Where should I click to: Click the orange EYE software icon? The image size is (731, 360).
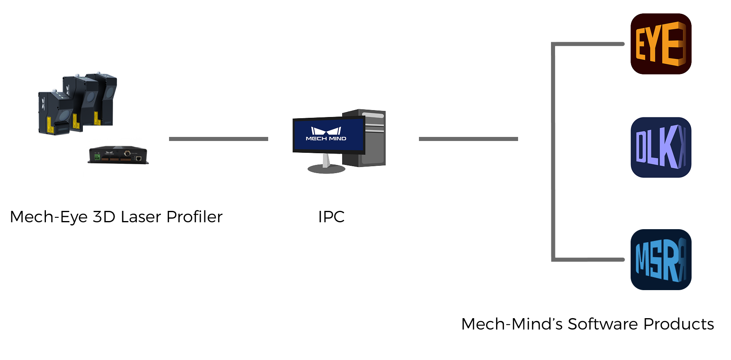tap(661, 44)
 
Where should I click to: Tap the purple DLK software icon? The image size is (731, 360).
tap(661, 147)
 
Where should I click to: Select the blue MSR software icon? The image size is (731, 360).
tap(661, 260)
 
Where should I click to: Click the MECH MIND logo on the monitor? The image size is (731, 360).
tap(326, 134)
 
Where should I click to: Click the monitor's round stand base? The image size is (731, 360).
tap(326, 169)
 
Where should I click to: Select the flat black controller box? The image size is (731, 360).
tap(118, 155)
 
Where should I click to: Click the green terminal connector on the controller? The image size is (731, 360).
tap(97, 157)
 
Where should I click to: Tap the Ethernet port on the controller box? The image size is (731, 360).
tap(139, 158)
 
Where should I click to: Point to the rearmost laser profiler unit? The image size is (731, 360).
tap(106, 98)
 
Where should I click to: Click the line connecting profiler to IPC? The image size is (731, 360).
tap(218, 139)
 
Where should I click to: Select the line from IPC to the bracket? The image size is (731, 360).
tap(468, 139)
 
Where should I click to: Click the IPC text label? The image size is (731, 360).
tap(331, 217)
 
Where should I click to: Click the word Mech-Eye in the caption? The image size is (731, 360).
tap(48, 217)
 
